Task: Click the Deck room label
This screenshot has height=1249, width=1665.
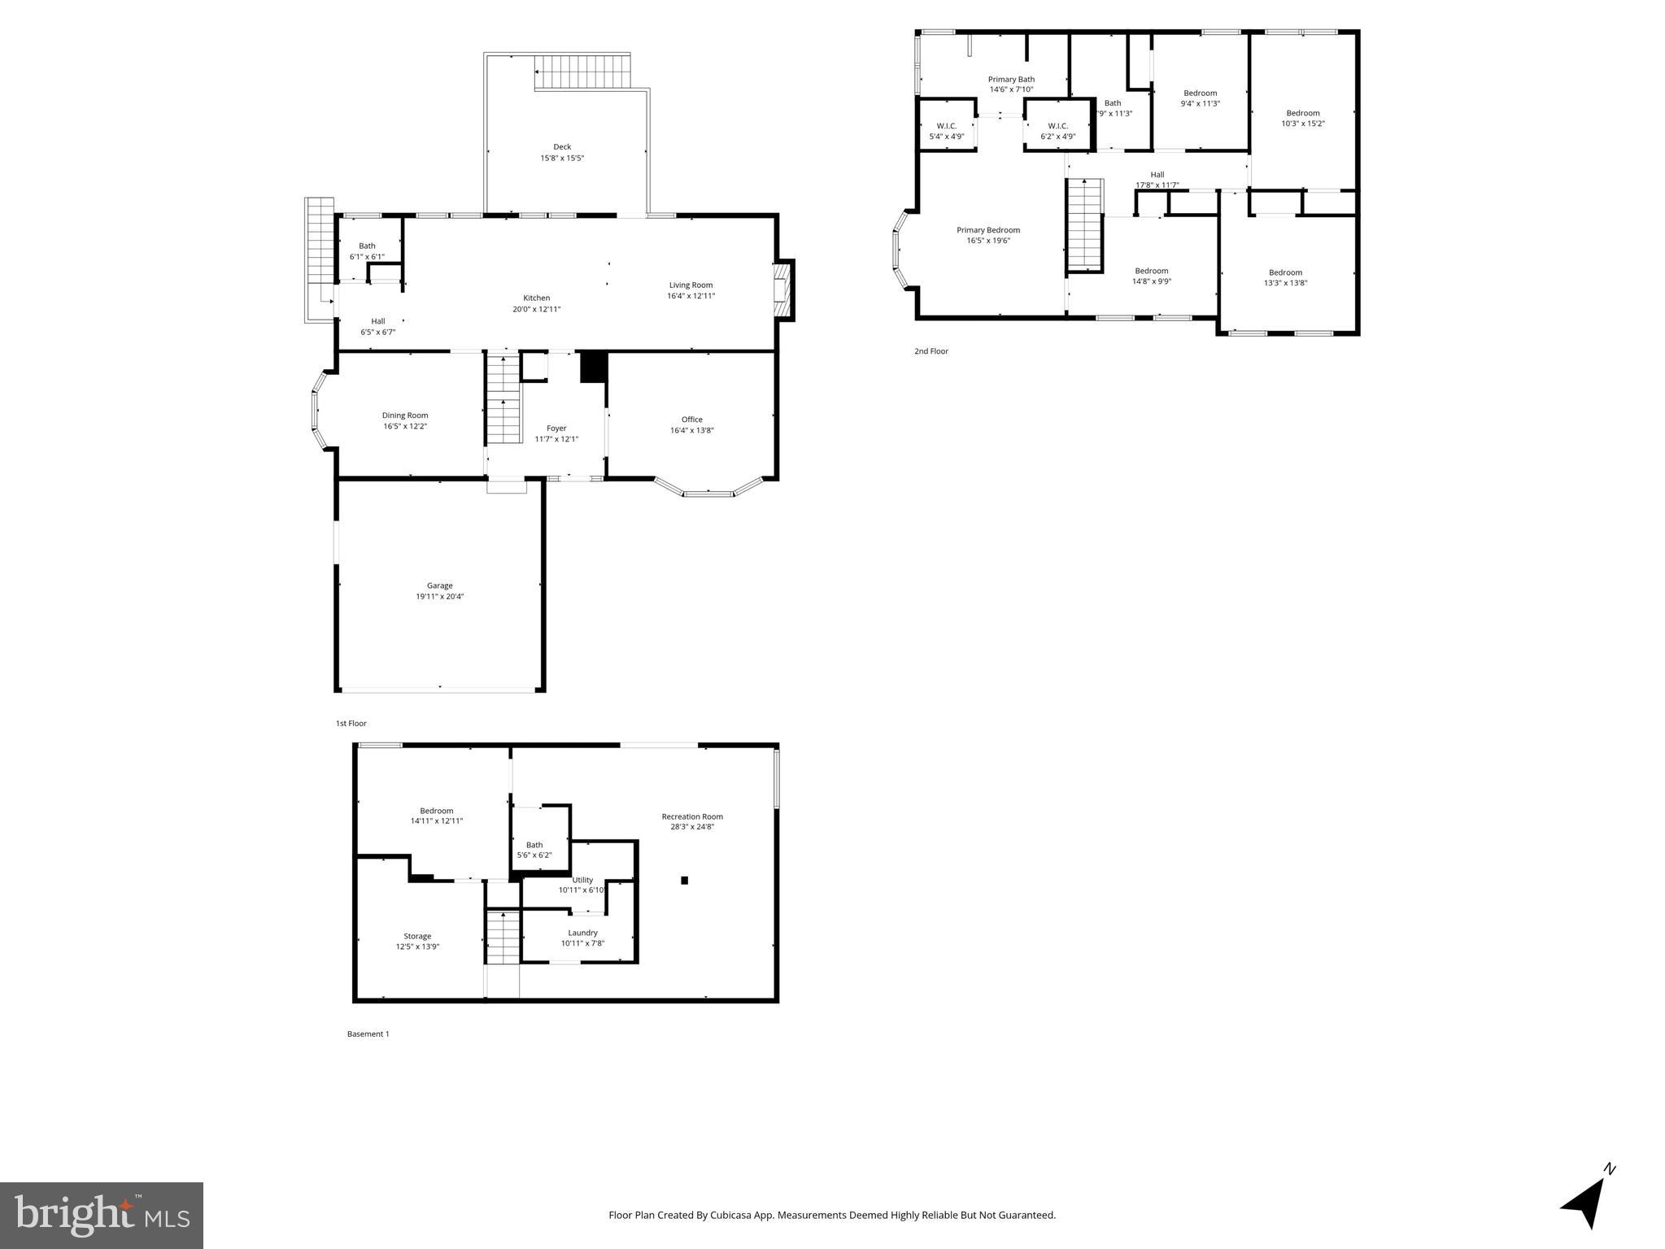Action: click(x=562, y=147)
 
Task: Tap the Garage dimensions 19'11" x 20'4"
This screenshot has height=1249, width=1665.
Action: click(x=440, y=597)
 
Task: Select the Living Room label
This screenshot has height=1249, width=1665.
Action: click(x=691, y=285)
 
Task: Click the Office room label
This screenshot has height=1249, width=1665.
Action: click(x=692, y=420)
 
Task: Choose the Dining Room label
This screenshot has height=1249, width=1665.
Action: click(x=405, y=416)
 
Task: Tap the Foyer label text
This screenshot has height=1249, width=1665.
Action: click(x=556, y=429)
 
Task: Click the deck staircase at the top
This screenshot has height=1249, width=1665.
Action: click(x=582, y=72)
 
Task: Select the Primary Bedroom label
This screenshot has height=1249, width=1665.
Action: click(x=988, y=230)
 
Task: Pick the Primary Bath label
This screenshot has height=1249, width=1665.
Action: click(x=1011, y=80)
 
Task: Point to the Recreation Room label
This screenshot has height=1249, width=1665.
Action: click(x=692, y=816)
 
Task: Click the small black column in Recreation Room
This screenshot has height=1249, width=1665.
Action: click(x=684, y=880)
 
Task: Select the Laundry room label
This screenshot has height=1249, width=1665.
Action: click(x=582, y=933)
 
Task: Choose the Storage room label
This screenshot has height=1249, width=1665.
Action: click(x=417, y=936)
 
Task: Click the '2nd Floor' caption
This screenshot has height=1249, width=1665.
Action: click(x=931, y=351)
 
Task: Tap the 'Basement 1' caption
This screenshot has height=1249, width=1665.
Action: click(x=368, y=1034)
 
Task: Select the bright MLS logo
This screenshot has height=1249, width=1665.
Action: click(x=102, y=1215)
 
